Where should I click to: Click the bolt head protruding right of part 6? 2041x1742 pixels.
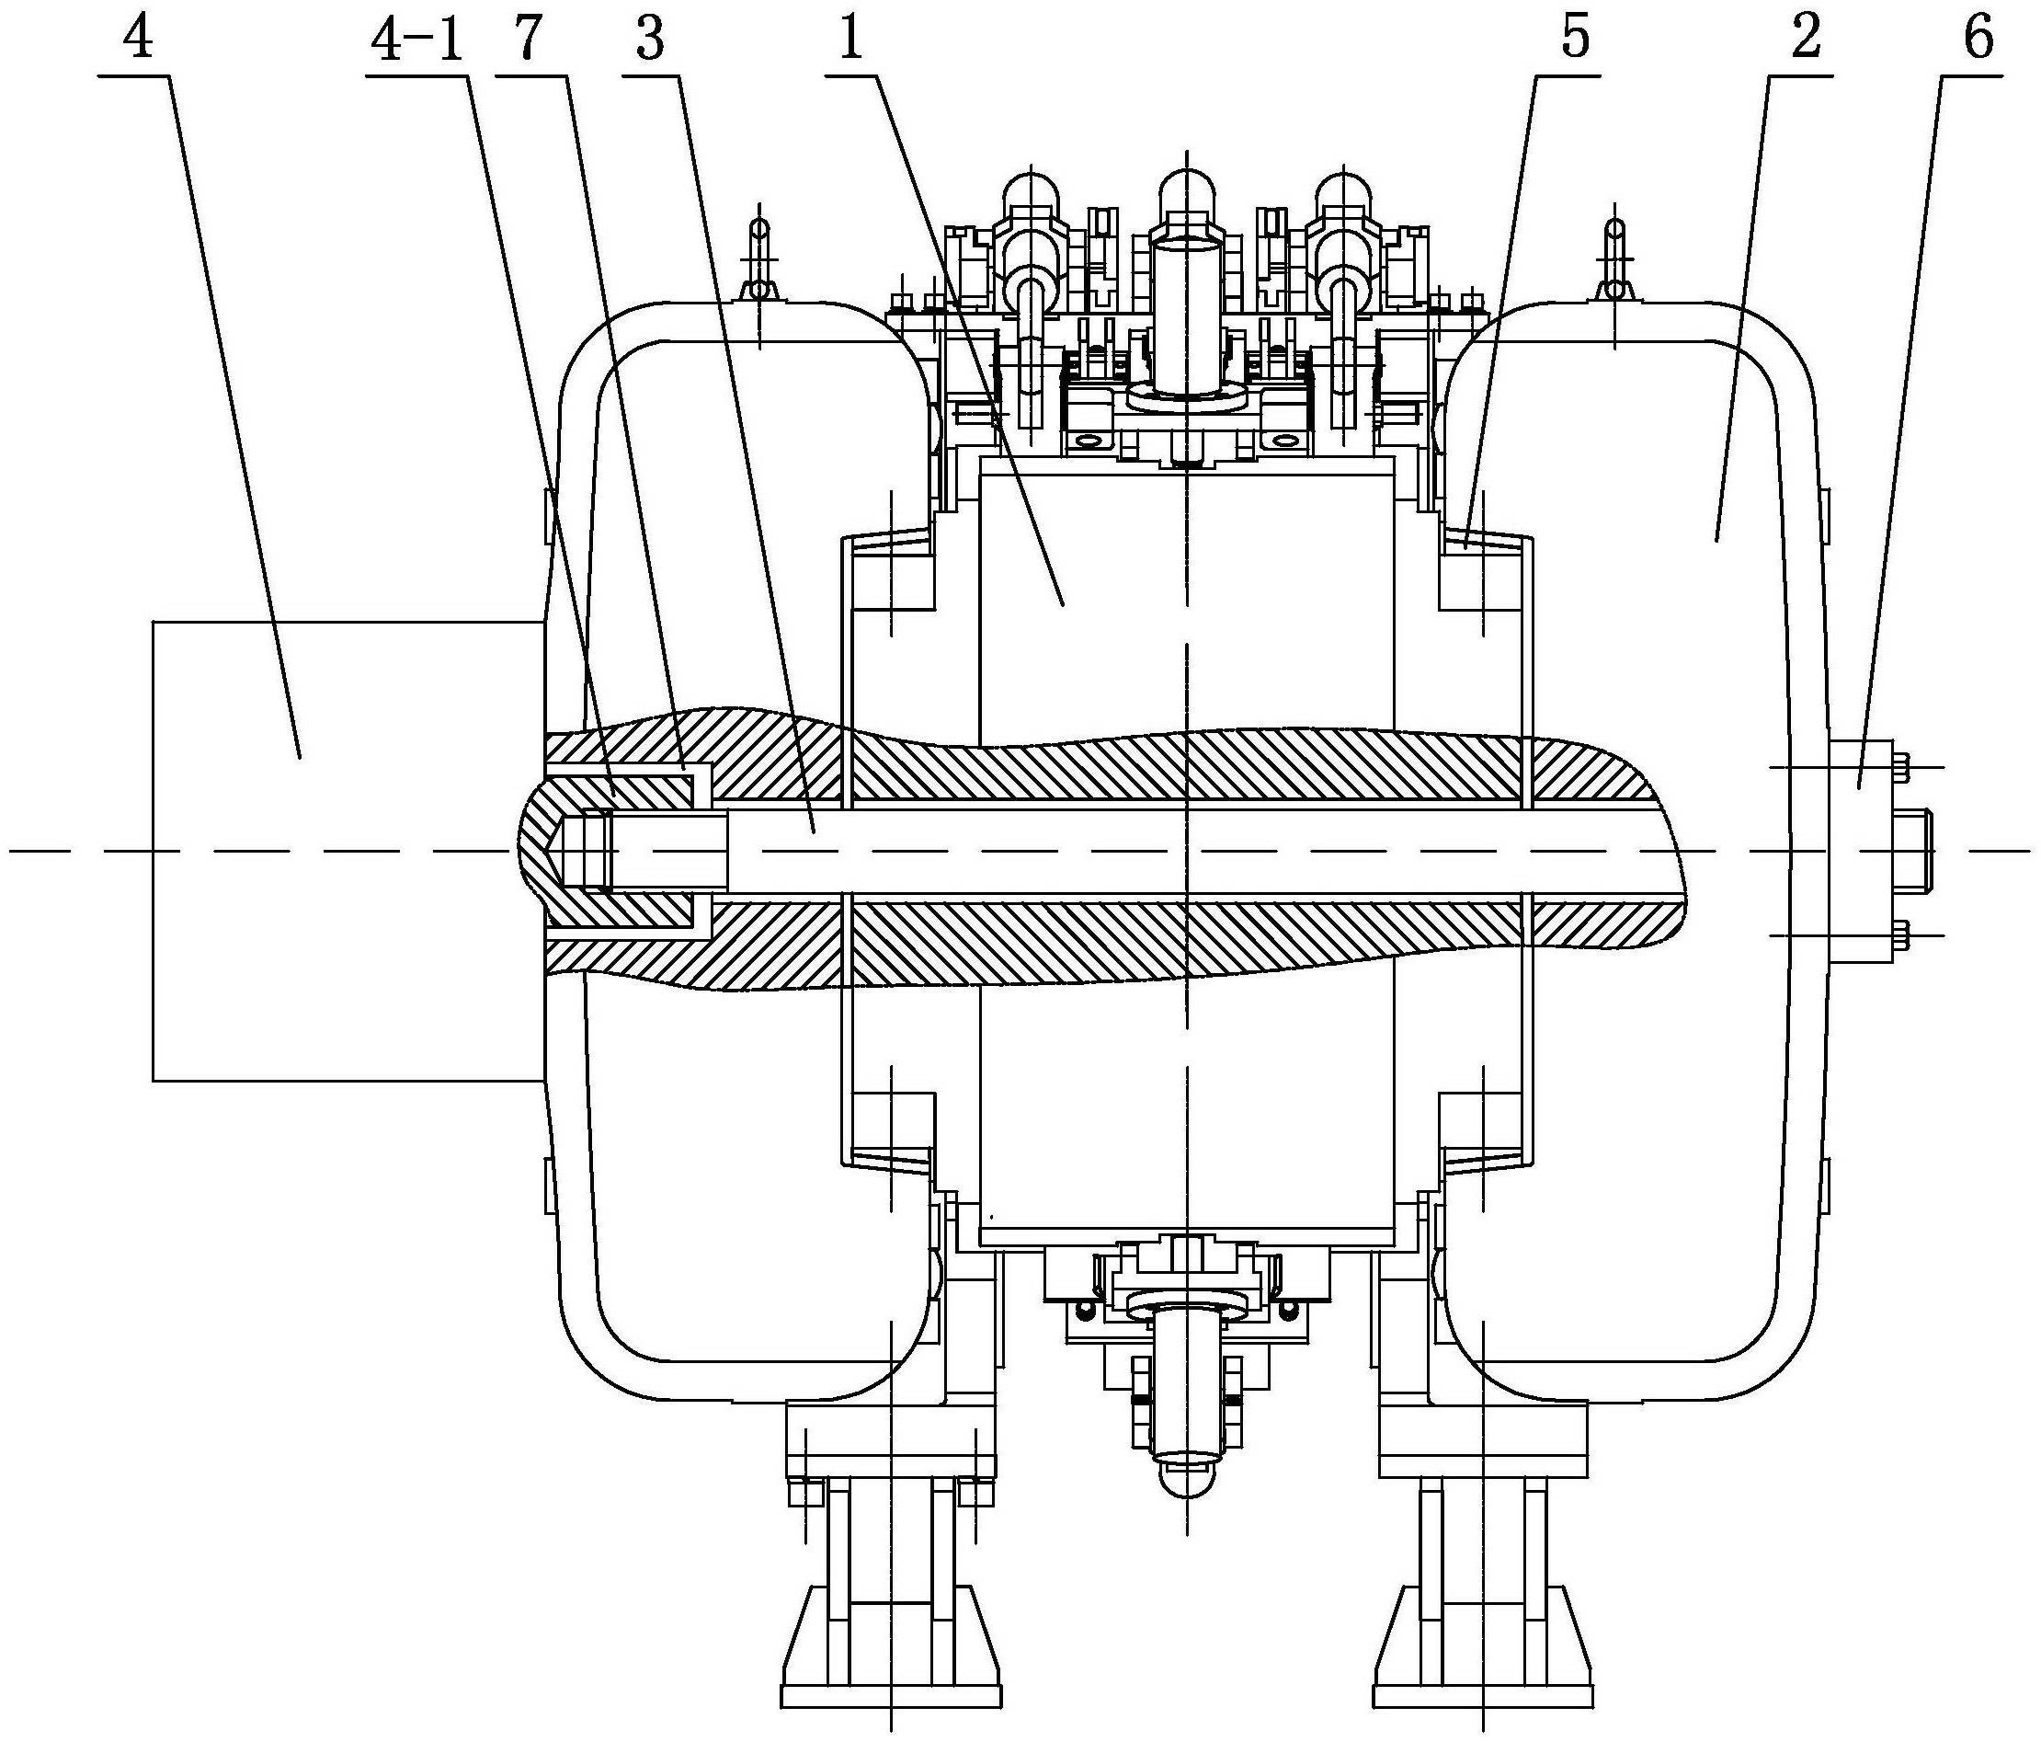[x=1913, y=852]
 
